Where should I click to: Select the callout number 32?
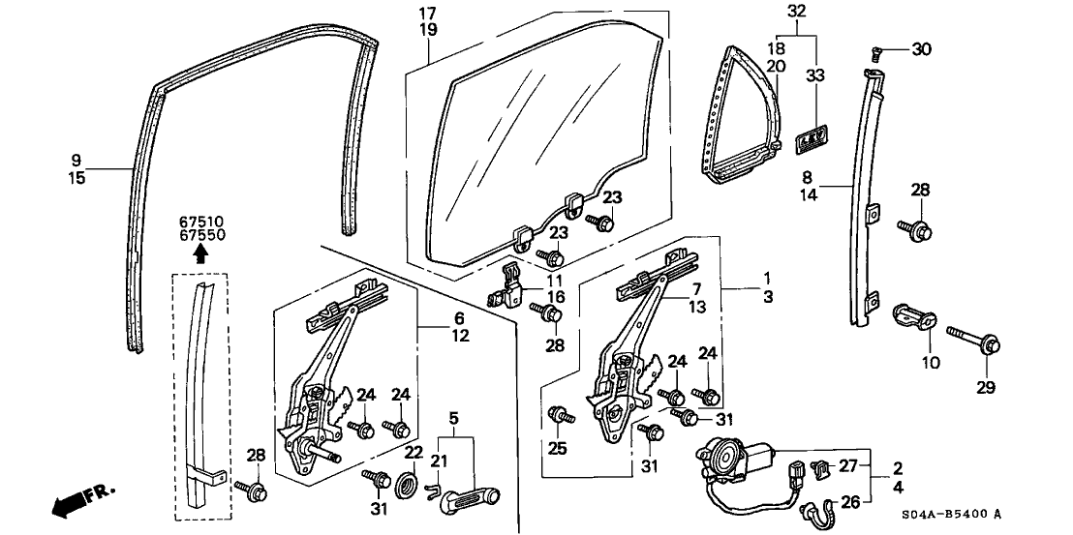796,12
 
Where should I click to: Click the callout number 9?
77,157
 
